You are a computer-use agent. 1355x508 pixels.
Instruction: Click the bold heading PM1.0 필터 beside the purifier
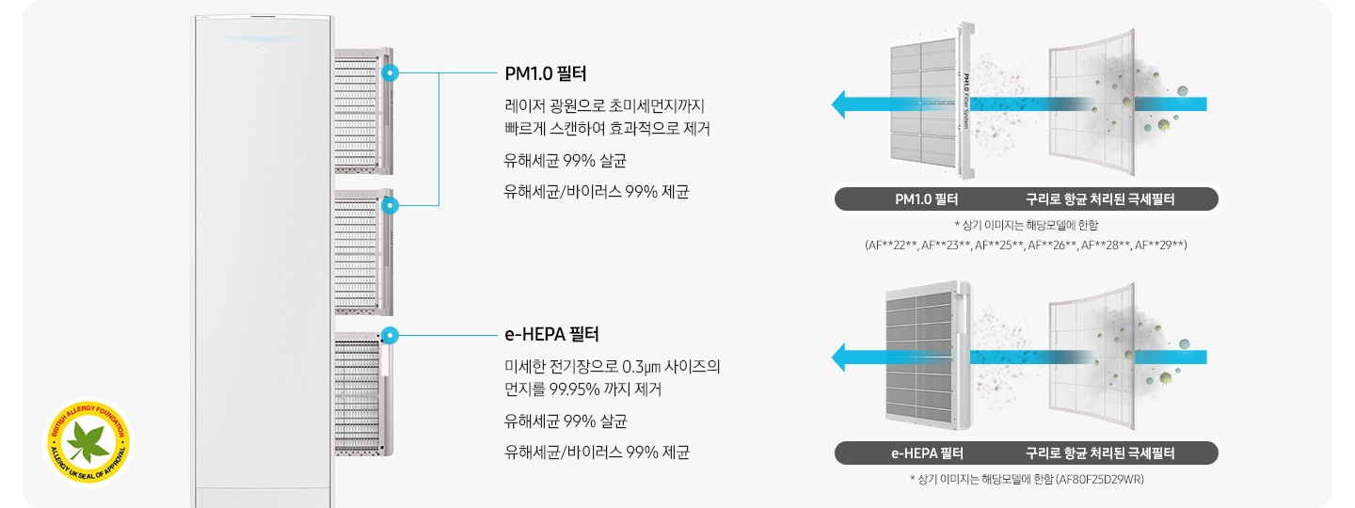tap(547, 73)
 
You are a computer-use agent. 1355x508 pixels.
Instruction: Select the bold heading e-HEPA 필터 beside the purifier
tap(552, 334)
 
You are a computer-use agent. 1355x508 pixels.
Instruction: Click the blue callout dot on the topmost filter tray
tap(391, 72)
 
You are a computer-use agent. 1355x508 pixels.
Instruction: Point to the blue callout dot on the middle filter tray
tap(391, 204)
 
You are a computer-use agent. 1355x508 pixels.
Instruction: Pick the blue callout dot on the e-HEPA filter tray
tap(391, 334)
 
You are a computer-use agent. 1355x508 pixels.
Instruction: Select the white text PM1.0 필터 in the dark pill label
tap(926, 199)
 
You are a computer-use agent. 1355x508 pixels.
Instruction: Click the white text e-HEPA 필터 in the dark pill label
tap(927, 453)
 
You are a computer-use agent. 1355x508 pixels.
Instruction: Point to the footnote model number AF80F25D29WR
tap(1099, 480)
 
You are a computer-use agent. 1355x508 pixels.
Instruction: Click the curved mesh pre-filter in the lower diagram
tap(1092, 357)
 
